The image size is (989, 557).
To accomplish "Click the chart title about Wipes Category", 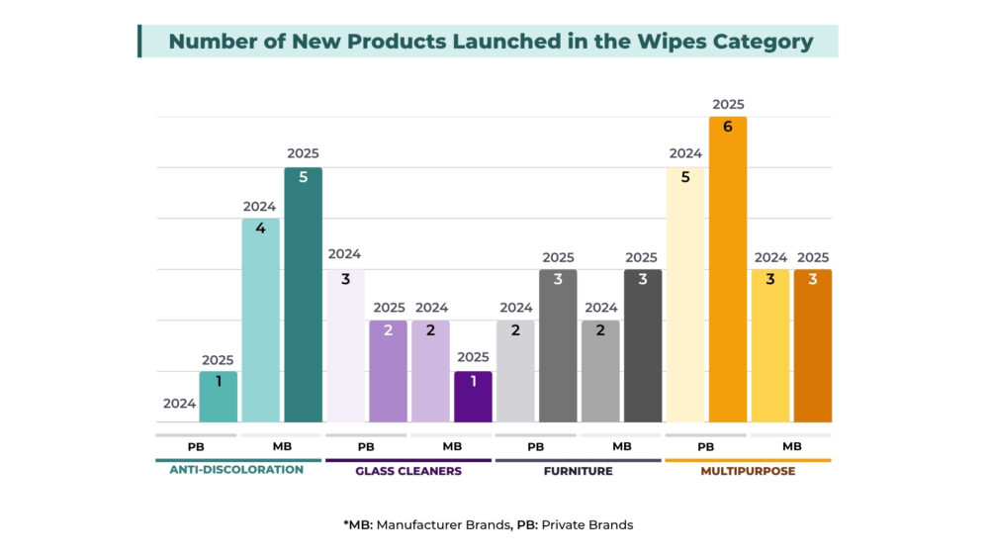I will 491,42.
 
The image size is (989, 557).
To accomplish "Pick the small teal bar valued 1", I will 218,398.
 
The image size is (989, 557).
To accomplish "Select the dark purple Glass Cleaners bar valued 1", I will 473,398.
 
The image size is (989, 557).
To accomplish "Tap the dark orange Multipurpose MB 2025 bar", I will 813,346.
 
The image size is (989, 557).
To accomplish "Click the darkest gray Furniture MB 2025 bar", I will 642,346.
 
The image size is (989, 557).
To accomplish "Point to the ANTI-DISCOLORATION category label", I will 236,470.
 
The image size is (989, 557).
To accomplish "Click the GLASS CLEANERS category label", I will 408,471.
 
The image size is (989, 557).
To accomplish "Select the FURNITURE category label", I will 579,471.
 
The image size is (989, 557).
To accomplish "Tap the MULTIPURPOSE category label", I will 748,471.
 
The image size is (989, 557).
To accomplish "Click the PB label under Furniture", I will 536,447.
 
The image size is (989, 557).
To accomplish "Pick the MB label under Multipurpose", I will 791,447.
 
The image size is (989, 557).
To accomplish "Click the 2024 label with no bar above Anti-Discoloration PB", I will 179,404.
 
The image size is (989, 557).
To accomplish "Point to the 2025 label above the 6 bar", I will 728,104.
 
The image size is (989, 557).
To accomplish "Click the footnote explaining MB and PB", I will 488,524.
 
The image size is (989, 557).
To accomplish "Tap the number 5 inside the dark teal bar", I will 303,178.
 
